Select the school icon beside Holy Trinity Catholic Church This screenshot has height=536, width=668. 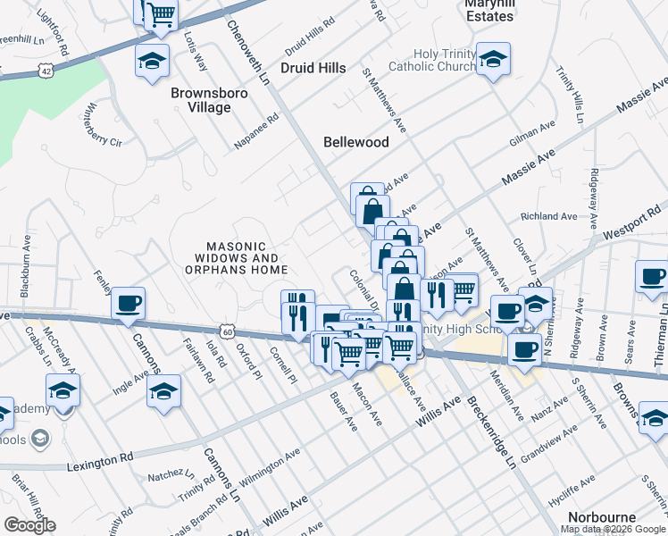point(493,60)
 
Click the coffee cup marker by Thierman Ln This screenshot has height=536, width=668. point(653,276)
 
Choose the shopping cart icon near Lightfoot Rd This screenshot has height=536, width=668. point(161,13)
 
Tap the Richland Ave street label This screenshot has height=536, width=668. point(549,216)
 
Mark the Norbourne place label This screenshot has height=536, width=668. point(601,517)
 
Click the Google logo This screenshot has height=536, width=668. point(29,525)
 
